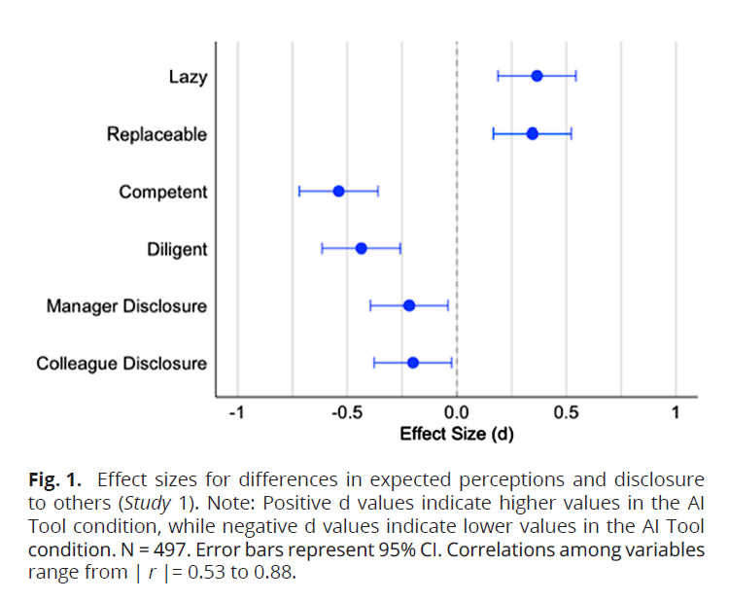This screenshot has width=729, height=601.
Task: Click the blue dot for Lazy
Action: [x=537, y=76]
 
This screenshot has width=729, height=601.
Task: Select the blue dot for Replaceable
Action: [x=532, y=133]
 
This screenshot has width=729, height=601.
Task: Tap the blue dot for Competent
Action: [x=338, y=191]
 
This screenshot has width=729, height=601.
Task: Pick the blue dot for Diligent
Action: [x=361, y=248]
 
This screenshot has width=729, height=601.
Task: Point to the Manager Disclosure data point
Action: [x=409, y=305]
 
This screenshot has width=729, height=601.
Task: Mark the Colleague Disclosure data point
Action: [x=412, y=363]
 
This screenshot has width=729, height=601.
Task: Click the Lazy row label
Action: [x=188, y=77]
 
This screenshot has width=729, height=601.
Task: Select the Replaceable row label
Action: [x=156, y=134]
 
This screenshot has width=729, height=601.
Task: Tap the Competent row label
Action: [x=162, y=192]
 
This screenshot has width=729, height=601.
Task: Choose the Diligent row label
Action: [x=177, y=249]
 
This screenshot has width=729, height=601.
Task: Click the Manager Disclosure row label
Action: [x=126, y=306]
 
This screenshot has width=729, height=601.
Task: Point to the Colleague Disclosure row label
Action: [x=121, y=364]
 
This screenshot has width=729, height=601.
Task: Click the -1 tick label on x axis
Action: [x=235, y=413]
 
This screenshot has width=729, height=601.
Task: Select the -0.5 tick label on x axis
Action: [x=345, y=413]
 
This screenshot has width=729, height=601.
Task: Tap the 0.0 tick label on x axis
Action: [x=457, y=413]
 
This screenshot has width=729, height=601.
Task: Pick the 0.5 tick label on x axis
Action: [x=567, y=413]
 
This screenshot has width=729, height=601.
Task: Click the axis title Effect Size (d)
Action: [x=457, y=434]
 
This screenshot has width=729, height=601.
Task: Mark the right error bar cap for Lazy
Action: [x=576, y=76]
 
